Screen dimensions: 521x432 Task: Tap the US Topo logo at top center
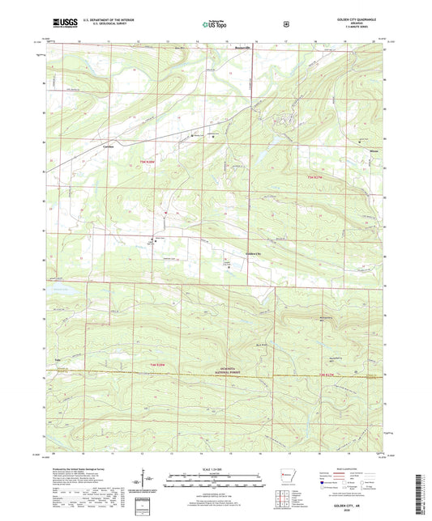216,25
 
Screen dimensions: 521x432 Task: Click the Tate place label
58,355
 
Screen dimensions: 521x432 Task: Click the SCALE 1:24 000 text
216,468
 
